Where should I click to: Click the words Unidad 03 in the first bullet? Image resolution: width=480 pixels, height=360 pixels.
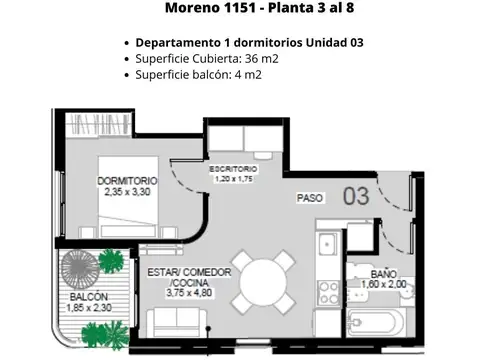click(x=336, y=43)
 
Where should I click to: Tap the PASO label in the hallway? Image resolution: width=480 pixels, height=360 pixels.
click(x=309, y=199)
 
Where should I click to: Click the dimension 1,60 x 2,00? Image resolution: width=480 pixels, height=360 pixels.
click(x=384, y=284)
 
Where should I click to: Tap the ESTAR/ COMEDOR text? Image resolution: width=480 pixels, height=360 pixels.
click(x=190, y=272)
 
